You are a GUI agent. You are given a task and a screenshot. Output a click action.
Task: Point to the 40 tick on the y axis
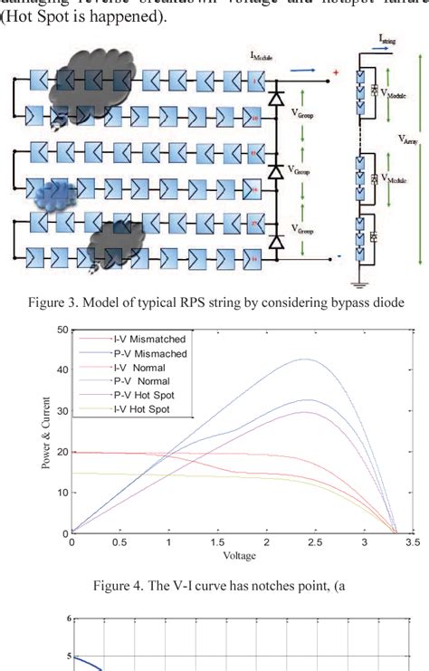tap(62, 369)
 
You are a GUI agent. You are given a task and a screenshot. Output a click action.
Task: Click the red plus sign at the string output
tap(336, 72)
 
